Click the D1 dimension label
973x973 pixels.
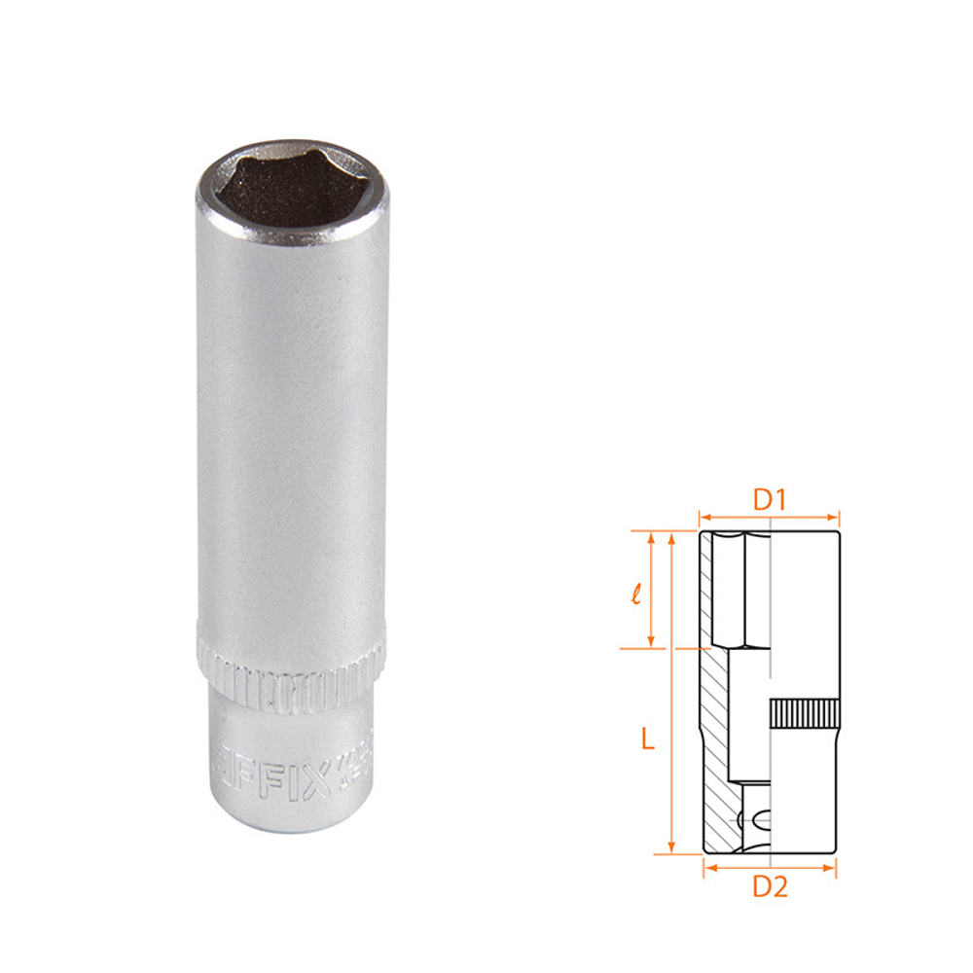tap(770, 500)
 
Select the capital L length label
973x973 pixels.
tap(648, 739)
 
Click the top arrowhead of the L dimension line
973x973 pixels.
tap(670, 536)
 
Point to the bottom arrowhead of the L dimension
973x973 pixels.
tap(670, 849)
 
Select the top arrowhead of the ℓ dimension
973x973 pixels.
tap(652, 536)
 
